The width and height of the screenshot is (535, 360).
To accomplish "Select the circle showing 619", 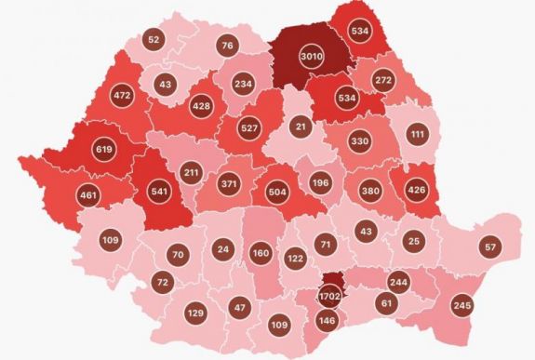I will click(x=105, y=148).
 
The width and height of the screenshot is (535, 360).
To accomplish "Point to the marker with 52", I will click(x=154, y=40).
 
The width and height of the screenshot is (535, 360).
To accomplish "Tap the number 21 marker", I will click(x=300, y=127).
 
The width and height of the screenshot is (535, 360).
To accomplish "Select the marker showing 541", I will click(x=156, y=195).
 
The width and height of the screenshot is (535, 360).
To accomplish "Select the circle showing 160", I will click(x=260, y=253).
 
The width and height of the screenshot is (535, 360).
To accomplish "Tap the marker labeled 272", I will click(x=383, y=81).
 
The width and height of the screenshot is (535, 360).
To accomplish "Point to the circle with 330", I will click(x=359, y=141).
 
